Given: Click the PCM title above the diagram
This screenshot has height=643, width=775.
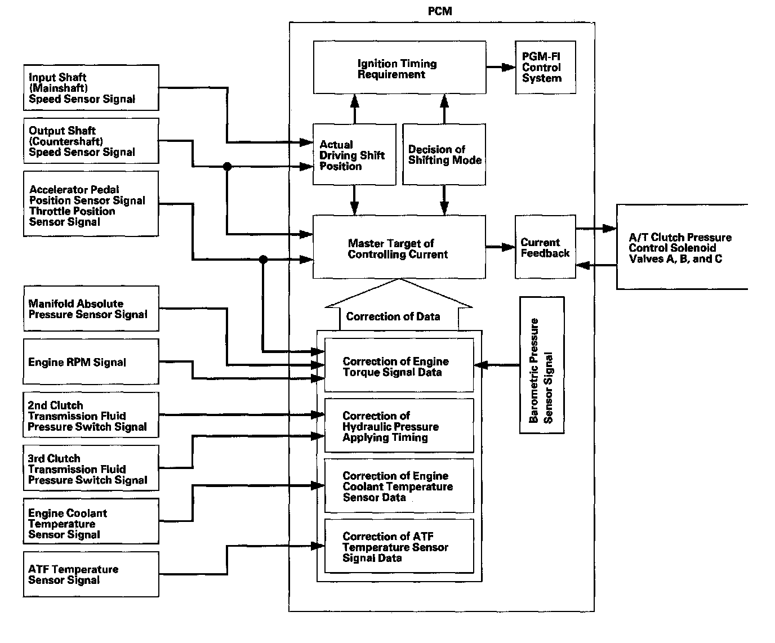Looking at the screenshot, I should tap(440, 11).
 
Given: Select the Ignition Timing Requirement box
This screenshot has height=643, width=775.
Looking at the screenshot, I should tap(399, 68).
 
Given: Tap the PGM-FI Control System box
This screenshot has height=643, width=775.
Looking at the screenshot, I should tap(545, 68).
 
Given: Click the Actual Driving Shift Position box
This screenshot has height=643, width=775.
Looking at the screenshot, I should tap(354, 154).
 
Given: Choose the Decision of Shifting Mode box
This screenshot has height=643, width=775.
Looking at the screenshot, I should tap(444, 154).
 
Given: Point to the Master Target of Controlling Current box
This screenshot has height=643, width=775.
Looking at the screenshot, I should tap(399, 248).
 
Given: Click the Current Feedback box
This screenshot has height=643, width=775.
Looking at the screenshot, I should tap(545, 247).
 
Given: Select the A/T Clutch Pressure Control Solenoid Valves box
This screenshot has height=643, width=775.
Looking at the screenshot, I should tap(681, 247).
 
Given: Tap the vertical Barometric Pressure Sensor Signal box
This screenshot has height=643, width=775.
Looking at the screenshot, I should tap(541, 365).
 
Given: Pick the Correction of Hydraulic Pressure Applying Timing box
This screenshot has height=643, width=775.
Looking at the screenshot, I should tap(399, 426).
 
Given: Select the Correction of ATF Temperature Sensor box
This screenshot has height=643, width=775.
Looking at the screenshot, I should tap(399, 546).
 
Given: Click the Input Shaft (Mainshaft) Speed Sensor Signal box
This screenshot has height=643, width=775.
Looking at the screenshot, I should tap(91, 88).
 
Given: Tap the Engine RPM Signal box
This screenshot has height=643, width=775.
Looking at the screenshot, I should tap(91, 361).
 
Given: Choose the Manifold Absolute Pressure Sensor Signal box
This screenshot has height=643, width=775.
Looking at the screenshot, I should tap(91, 309).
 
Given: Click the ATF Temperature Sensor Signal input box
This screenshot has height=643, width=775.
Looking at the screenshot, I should tap(91, 574).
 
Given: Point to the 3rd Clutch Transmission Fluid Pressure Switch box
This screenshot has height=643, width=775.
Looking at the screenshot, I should tap(91, 468).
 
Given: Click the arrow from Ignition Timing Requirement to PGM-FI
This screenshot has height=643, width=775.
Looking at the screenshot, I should tap(500, 68).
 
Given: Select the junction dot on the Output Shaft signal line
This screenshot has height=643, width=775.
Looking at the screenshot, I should tap(227, 167).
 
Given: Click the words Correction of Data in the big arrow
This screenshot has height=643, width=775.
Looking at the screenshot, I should tap(393, 316).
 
